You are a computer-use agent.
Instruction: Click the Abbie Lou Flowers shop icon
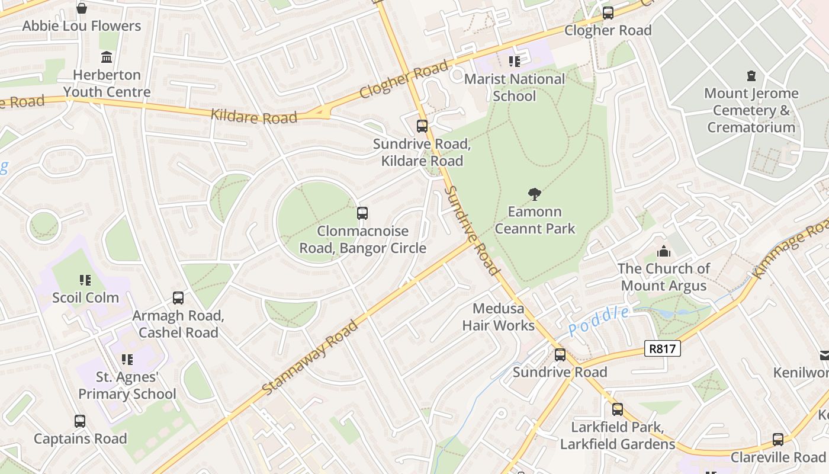[x=82, y=8]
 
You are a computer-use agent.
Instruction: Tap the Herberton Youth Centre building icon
[x=107, y=57]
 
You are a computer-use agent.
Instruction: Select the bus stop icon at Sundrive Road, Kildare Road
[x=422, y=126]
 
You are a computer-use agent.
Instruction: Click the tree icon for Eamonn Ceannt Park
[x=535, y=194]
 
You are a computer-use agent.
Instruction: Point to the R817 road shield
[x=662, y=349]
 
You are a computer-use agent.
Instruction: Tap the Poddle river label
[x=599, y=321]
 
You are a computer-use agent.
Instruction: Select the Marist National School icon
[x=514, y=61]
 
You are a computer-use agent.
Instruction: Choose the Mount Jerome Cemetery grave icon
[x=751, y=76]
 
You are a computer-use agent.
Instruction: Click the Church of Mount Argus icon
[x=663, y=251]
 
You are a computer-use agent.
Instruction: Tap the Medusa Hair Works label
[x=498, y=317]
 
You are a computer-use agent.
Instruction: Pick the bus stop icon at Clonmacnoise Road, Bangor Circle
[x=362, y=213]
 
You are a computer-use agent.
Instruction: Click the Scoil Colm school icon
[x=85, y=280]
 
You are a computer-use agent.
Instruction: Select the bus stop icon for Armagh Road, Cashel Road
[x=178, y=298]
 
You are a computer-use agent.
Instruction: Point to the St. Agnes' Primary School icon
[x=127, y=360]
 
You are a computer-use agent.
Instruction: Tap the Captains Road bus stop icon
[x=80, y=421]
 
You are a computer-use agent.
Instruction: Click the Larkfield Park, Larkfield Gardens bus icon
[x=617, y=409]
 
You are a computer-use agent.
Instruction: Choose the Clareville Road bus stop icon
[x=777, y=440]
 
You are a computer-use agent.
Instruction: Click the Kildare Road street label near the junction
[x=254, y=116]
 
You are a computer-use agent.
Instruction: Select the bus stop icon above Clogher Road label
[x=608, y=13]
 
